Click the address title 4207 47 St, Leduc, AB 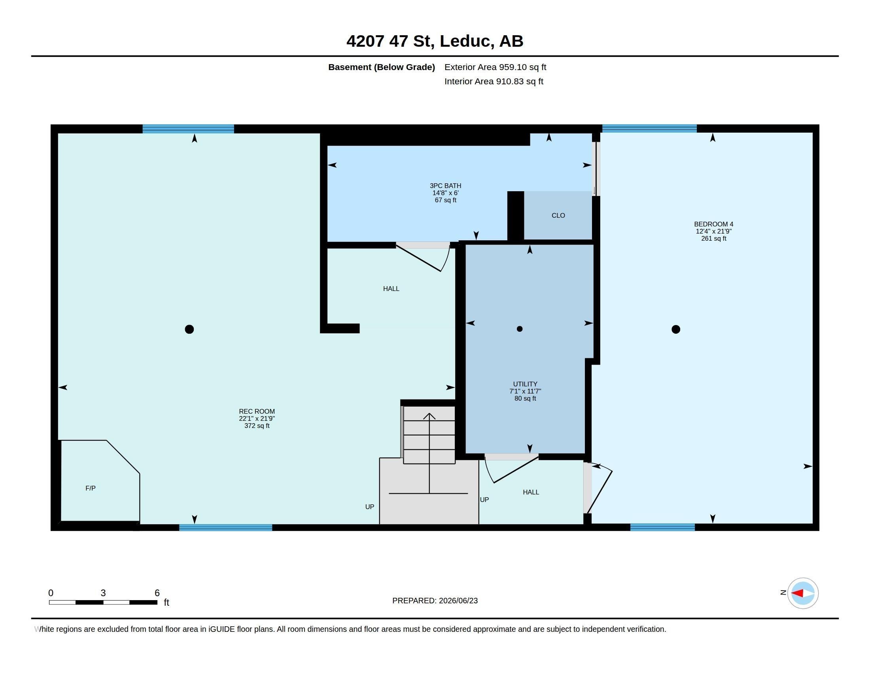pyautogui.click(x=435, y=41)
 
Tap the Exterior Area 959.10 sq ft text pyautogui.click(x=495, y=67)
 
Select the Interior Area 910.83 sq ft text pyautogui.click(x=494, y=81)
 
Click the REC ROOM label pyautogui.click(x=257, y=411)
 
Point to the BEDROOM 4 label pyautogui.click(x=713, y=224)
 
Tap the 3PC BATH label pyautogui.click(x=445, y=186)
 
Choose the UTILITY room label pyautogui.click(x=525, y=384)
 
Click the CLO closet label pyautogui.click(x=558, y=215)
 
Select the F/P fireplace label pyautogui.click(x=91, y=488)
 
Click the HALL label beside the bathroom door pyautogui.click(x=391, y=289)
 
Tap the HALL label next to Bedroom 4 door pyautogui.click(x=531, y=492)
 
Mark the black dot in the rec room pyautogui.click(x=189, y=329)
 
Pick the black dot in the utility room pyautogui.click(x=520, y=329)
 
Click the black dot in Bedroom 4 pyautogui.click(x=675, y=329)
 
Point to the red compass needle pyautogui.click(x=797, y=593)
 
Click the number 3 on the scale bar pyautogui.click(x=103, y=593)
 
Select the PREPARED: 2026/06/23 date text pyautogui.click(x=435, y=601)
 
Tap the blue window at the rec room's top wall pyautogui.click(x=188, y=129)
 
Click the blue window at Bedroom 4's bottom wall pyautogui.click(x=662, y=527)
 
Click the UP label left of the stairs pyautogui.click(x=370, y=507)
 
